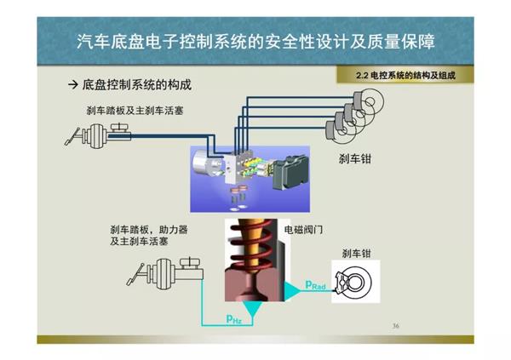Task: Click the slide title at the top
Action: point(255,39)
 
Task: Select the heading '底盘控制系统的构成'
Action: point(136,86)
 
